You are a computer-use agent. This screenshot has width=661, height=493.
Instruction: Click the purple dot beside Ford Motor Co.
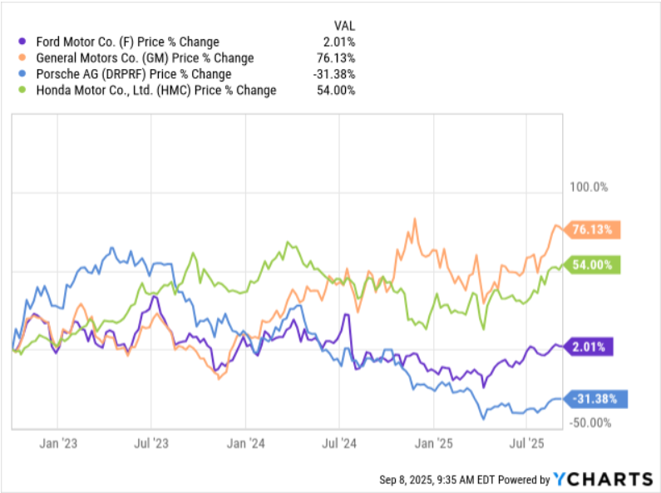[x=22, y=42]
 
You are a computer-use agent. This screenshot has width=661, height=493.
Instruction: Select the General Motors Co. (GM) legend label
[x=145, y=57]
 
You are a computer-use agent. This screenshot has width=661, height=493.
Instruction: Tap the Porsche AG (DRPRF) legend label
[x=134, y=74]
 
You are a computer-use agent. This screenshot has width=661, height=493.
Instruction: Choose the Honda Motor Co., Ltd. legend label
[x=156, y=90]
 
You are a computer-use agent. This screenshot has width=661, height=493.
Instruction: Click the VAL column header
[x=344, y=26]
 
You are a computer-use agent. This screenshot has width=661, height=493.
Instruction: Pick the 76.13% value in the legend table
[x=336, y=57]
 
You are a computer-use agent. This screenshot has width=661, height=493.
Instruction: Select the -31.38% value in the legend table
[x=334, y=74]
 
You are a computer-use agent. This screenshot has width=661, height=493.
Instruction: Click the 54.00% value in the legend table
[x=336, y=90]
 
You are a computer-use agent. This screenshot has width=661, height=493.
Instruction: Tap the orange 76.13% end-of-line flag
[x=592, y=229]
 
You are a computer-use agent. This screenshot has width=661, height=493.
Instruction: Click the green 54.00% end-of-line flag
[x=592, y=264]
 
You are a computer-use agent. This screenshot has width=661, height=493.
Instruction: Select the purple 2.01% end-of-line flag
[x=589, y=347]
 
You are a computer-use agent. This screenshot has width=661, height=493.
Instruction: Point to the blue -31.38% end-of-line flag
[x=595, y=398]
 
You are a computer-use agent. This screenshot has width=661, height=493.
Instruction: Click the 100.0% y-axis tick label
[x=589, y=187]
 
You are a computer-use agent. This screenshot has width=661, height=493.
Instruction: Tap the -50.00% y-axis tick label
[x=589, y=422]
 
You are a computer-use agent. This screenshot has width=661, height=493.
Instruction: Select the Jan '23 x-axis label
[x=58, y=443]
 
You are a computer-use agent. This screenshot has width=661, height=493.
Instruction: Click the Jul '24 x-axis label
[x=339, y=443]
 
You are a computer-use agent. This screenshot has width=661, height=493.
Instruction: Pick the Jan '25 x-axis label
[x=433, y=443]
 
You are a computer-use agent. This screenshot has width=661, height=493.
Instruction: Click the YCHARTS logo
[x=603, y=479]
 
